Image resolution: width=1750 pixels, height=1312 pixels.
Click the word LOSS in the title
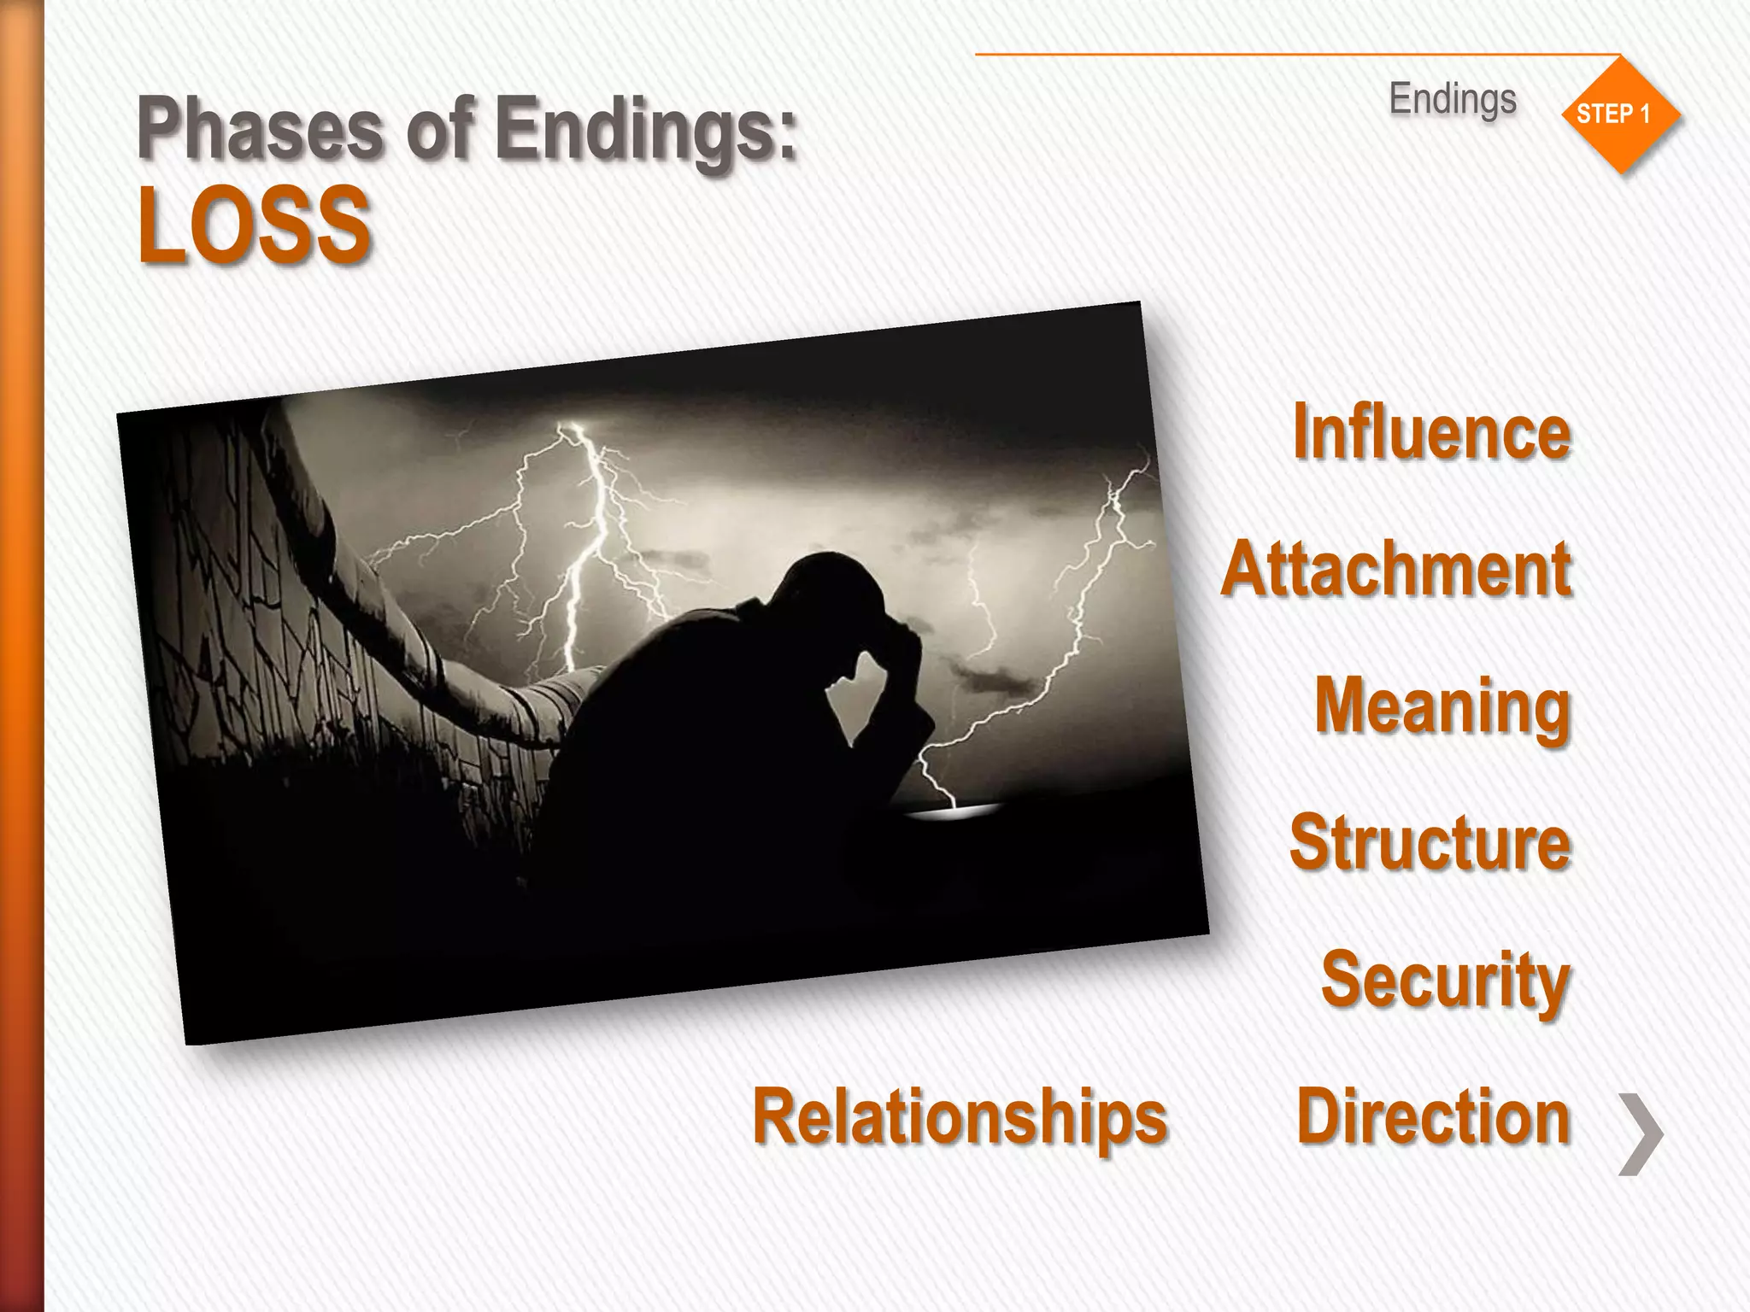click(254, 225)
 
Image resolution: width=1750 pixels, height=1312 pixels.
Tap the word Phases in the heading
click(260, 128)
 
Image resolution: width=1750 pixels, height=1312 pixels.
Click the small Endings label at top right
click(1452, 99)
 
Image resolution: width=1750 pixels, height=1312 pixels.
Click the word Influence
click(1431, 432)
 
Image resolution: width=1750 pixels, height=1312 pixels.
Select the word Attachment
click(1396, 569)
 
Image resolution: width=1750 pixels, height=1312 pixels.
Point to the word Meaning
click(1442, 707)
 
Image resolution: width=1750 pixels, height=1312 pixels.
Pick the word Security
click(1445, 980)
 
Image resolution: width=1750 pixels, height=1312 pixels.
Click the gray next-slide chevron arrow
click(1641, 1133)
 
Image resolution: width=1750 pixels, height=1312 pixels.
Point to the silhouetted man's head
click(825, 589)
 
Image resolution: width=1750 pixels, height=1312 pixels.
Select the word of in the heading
click(439, 128)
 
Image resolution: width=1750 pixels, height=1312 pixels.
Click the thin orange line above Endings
click(1282, 55)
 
